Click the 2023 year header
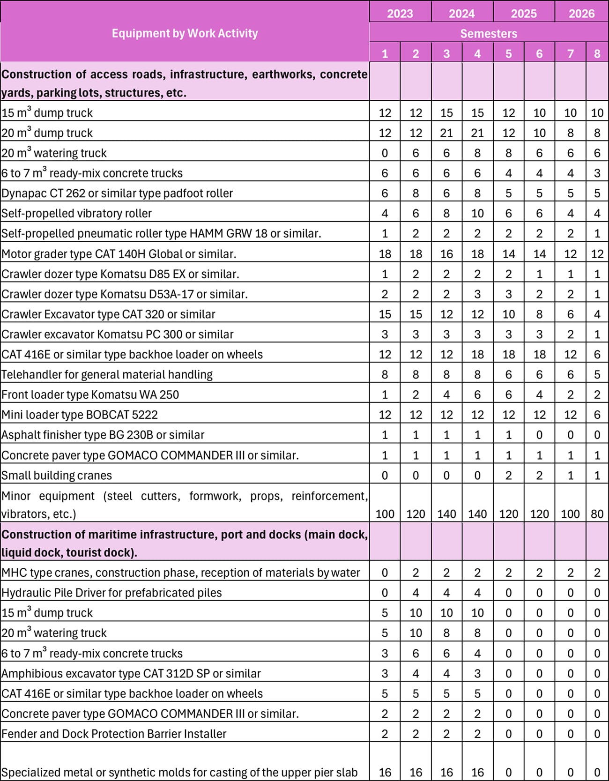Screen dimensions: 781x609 (x=400, y=13)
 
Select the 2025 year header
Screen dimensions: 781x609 (x=524, y=13)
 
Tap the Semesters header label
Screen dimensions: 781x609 (x=489, y=33)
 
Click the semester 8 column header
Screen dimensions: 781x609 (x=597, y=53)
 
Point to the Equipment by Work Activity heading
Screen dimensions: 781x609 (x=185, y=33)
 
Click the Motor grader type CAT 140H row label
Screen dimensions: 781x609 (x=119, y=254)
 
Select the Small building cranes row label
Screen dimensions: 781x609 (x=57, y=476)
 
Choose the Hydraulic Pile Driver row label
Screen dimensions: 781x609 (x=111, y=593)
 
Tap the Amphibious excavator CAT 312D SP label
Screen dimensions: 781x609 (x=131, y=673)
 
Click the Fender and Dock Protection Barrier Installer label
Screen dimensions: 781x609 (x=114, y=734)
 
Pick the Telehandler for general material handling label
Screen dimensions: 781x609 (x=107, y=374)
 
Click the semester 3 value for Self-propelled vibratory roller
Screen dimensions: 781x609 (x=446, y=214)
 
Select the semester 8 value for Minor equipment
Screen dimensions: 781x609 (x=597, y=514)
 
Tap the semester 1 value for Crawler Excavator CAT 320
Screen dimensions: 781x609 (x=385, y=314)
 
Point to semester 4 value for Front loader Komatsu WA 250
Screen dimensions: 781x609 (x=477, y=395)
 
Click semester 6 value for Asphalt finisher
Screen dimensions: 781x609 (x=539, y=435)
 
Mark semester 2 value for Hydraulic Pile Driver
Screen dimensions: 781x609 (x=416, y=593)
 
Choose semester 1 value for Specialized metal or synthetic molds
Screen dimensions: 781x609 (x=385, y=772)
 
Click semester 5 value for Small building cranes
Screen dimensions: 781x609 (x=508, y=476)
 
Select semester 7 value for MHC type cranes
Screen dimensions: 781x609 (x=570, y=573)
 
